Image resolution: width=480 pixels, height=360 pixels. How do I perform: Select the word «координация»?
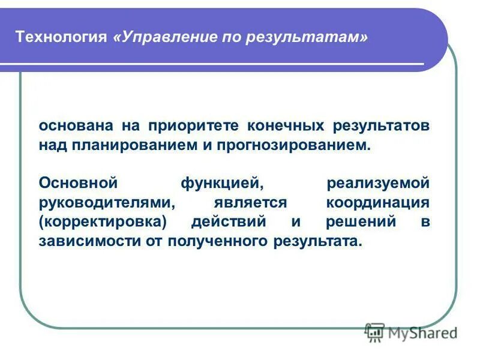coord(379,202)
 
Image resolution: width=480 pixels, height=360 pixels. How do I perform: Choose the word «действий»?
coord(228,222)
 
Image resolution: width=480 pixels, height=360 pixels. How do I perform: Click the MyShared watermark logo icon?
coord(375,331)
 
